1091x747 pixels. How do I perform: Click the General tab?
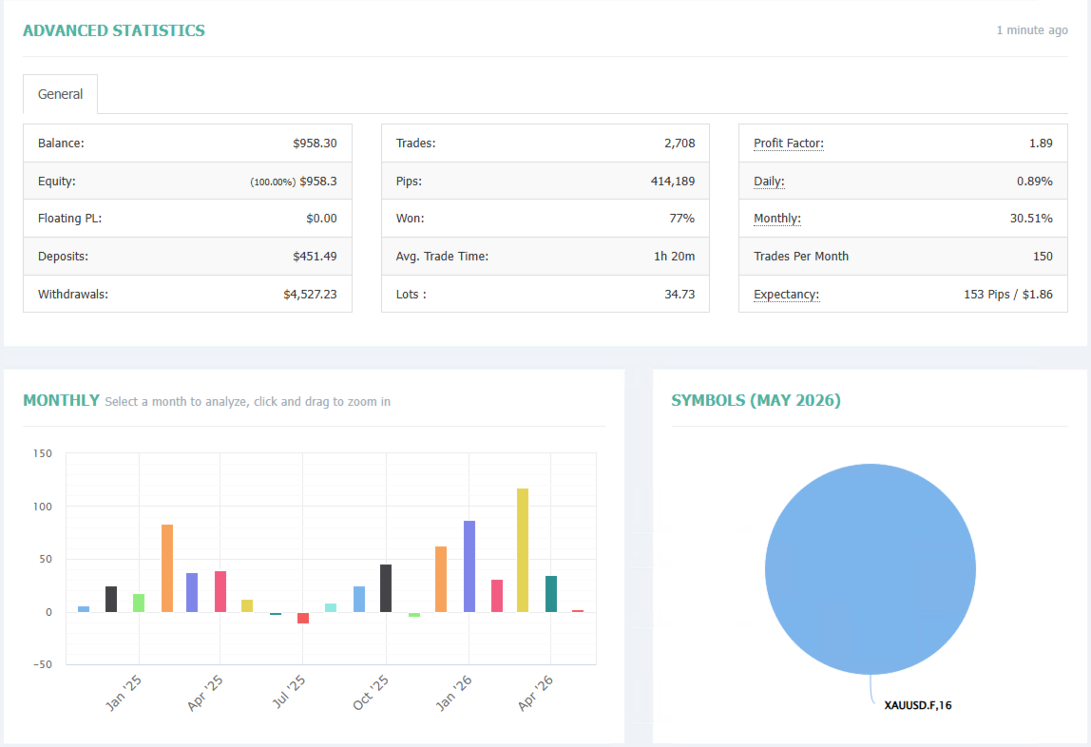(x=60, y=94)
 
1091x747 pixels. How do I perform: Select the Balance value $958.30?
(x=315, y=144)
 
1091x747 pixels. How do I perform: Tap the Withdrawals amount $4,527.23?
(x=310, y=295)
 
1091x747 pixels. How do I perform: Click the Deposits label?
(x=64, y=256)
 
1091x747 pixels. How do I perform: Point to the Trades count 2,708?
(x=679, y=144)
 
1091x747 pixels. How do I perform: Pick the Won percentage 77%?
(x=682, y=219)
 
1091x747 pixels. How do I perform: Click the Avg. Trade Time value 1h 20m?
(x=674, y=256)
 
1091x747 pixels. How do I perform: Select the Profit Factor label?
(x=789, y=144)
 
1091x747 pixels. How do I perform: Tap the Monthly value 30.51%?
(x=1031, y=219)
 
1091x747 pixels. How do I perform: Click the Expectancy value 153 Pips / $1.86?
(x=1008, y=295)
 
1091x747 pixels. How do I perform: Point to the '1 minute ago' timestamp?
(x=1032, y=29)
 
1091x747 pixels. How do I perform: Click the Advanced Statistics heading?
(x=114, y=30)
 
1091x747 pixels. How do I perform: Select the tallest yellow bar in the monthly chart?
(x=523, y=550)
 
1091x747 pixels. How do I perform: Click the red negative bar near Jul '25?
(x=303, y=618)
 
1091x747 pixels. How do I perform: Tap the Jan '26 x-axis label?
(x=453, y=694)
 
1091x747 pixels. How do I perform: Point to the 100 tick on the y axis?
(x=43, y=507)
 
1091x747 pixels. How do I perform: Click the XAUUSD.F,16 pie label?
(x=918, y=705)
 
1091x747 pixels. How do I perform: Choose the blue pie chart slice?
(x=870, y=569)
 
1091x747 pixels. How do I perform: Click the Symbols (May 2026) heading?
(x=756, y=401)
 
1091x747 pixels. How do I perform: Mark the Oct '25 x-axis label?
(x=371, y=693)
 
